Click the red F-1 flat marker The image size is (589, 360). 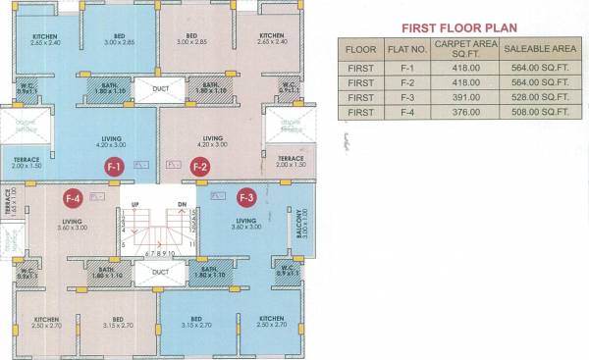point(114,167)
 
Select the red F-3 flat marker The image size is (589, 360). point(244,196)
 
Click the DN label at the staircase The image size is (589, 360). point(181,204)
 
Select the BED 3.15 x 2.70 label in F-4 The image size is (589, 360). point(117,325)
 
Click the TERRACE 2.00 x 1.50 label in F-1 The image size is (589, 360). point(27,162)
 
